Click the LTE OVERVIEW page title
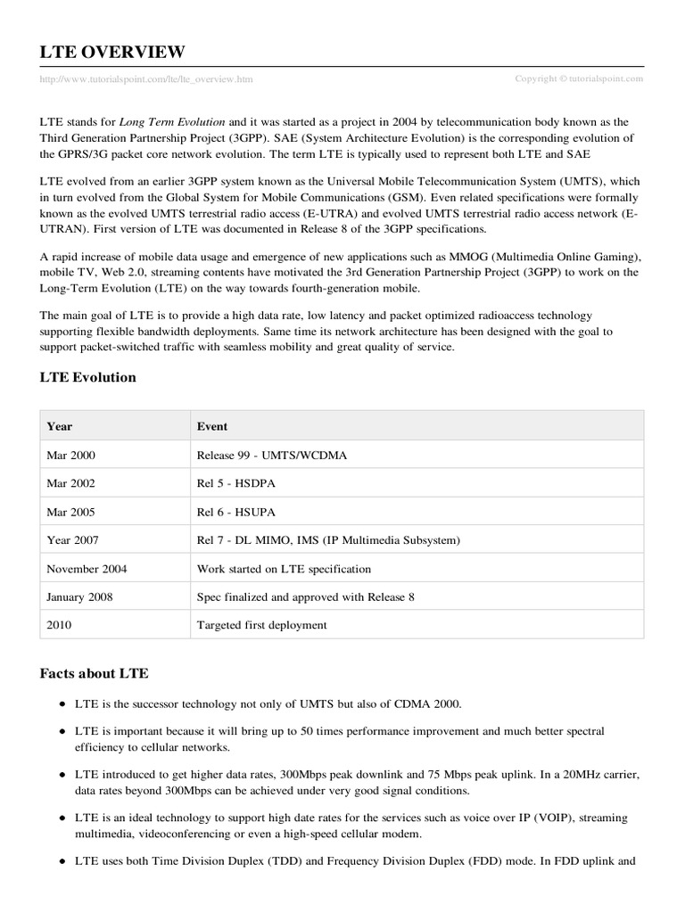click(x=112, y=52)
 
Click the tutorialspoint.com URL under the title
click(x=146, y=79)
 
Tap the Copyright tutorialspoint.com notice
click(x=579, y=78)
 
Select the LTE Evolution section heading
click(x=88, y=377)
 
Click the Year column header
click(x=60, y=426)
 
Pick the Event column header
click(x=212, y=426)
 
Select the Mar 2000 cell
click(x=70, y=455)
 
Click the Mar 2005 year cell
click(x=70, y=512)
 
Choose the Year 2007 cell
click(x=72, y=540)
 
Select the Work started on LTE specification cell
click(x=284, y=569)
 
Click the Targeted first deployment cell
click(x=262, y=625)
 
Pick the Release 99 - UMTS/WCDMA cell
click(x=271, y=455)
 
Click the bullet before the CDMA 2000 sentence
click(x=62, y=704)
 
